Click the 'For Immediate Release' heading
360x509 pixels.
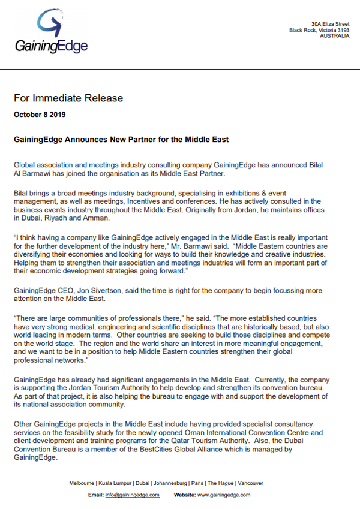[x=68, y=98]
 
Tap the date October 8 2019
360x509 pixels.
[x=40, y=114]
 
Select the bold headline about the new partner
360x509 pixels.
[x=121, y=140]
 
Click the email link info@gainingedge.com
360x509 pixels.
[x=132, y=495]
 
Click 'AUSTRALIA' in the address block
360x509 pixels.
[x=336, y=36]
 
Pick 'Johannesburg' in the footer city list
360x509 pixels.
[x=171, y=483]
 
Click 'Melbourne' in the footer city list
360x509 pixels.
[x=82, y=483]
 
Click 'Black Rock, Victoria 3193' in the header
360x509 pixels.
[x=319, y=29]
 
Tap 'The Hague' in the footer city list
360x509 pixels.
[x=219, y=483]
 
